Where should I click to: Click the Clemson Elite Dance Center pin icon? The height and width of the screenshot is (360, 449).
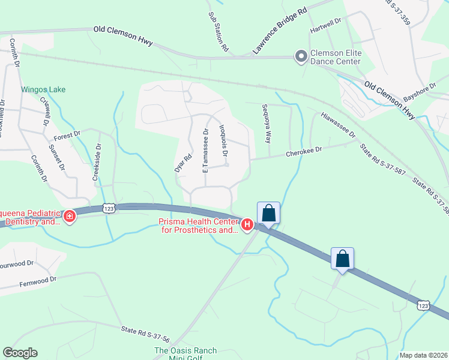click(301, 57)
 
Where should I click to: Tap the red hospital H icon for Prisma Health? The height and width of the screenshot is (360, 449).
click(246, 225)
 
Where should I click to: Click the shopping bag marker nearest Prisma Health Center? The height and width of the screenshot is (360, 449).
click(268, 213)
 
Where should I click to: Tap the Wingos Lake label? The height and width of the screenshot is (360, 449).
click(44, 90)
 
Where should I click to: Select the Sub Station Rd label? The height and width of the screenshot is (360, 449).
click(219, 31)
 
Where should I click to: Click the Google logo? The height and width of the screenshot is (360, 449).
click(20, 353)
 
